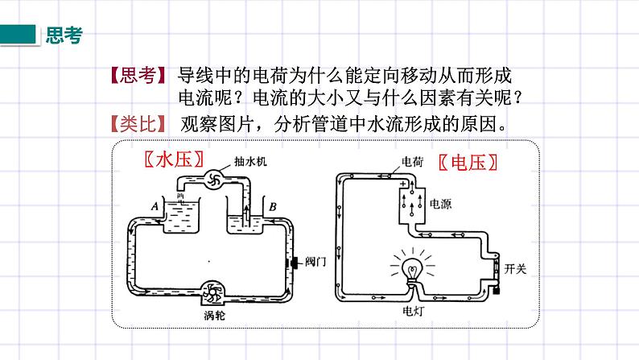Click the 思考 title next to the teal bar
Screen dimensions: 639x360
click(64, 35)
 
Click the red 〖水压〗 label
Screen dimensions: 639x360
click(172, 159)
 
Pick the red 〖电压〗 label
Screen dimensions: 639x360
click(468, 162)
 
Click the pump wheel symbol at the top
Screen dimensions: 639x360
click(215, 180)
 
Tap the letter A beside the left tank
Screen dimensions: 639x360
click(154, 206)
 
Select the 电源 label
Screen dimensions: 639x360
click(440, 203)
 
